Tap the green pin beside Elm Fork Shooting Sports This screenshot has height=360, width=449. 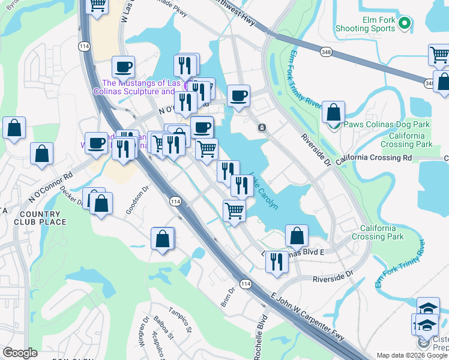[x=405, y=23]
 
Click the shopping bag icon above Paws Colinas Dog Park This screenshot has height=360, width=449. [x=333, y=112]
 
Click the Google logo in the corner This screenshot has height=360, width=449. [x=20, y=353]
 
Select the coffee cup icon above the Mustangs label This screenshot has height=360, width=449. [x=124, y=67]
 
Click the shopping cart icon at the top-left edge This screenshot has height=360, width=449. [x=96, y=6]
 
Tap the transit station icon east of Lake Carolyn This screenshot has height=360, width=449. [x=262, y=128]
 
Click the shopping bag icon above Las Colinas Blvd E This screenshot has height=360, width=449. [x=297, y=235]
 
